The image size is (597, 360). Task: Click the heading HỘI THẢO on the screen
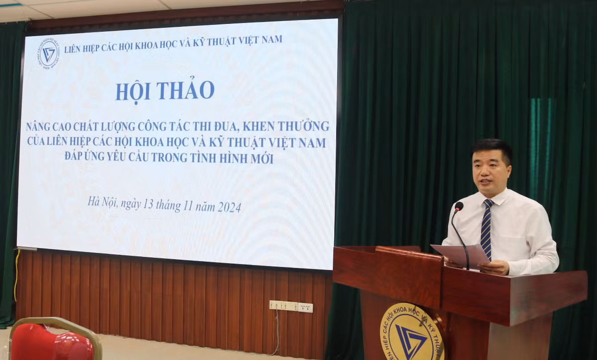click(x=165, y=90)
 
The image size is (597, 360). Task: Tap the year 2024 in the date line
click(x=229, y=207)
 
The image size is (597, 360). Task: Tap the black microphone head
click(x=459, y=206)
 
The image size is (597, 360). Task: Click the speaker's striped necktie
click(x=486, y=229)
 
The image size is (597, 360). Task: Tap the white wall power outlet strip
click(x=291, y=306)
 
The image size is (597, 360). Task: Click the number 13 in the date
click(x=148, y=204)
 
